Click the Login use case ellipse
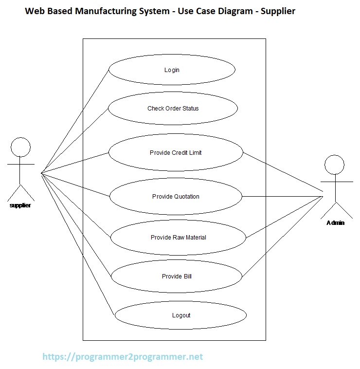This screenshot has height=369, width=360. click(x=172, y=70)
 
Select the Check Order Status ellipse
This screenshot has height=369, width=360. click(x=173, y=108)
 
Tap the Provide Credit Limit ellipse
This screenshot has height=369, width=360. click(x=176, y=152)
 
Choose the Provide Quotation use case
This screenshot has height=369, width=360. click(x=176, y=197)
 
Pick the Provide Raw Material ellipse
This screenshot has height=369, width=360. click(x=178, y=238)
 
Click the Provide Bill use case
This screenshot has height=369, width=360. click(x=177, y=277)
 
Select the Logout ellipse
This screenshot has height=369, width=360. click(x=181, y=315)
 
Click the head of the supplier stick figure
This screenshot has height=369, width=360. click(x=20, y=147)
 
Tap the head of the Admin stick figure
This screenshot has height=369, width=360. click(x=335, y=165)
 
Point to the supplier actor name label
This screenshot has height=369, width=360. click(x=20, y=205)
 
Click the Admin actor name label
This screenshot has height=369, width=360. click(x=336, y=223)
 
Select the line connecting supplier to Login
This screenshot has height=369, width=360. click(x=75, y=121)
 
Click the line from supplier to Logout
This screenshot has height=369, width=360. click(x=78, y=243)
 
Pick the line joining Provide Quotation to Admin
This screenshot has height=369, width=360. click(x=282, y=197)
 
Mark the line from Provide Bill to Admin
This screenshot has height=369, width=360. click(x=282, y=237)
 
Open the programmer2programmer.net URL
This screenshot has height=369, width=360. click(x=123, y=357)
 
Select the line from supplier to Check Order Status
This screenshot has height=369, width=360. click(x=74, y=141)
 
